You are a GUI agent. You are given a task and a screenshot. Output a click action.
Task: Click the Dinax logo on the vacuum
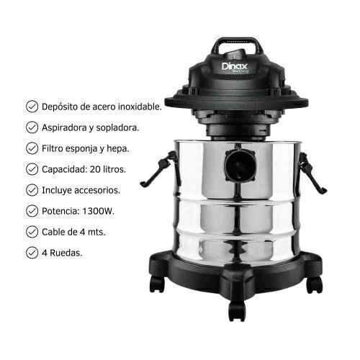pyautogui.click(x=235, y=67)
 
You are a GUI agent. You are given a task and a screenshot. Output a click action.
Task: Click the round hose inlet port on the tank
pyautogui.click(x=240, y=166)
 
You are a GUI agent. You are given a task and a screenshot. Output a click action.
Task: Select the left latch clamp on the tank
pyautogui.click(x=161, y=169)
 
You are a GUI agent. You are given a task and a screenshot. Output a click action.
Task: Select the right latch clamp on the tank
pyautogui.click(x=312, y=172)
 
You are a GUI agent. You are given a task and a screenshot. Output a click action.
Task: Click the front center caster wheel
pyautogui.click(x=237, y=310)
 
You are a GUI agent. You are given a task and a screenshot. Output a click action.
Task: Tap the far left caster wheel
pyautogui.click(x=157, y=284)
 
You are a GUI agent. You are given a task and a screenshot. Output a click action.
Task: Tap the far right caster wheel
pyautogui.click(x=315, y=285)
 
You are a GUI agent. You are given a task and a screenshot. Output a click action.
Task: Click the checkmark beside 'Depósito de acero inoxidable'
pyautogui.click(x=32, y=107)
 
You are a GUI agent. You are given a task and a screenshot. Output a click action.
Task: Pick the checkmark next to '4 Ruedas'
pyautogui.click(x=32, y=253)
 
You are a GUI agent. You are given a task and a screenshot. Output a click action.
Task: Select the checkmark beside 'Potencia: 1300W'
pyautogui.click(x=32, y=211)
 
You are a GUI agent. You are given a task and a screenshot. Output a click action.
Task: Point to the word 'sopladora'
pyautogui.click(x=117, y=127)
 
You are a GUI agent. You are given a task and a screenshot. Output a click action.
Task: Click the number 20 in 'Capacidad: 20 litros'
pyautogui.click(x=95, y=169)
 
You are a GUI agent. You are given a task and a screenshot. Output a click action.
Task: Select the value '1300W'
pyautogui.click(x=98, y=211)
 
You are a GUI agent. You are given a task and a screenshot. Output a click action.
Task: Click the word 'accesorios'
pyautogui.click(x=97, y=191)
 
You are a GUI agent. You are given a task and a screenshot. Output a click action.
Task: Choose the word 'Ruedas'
pyautogui.click(x=66, y=253)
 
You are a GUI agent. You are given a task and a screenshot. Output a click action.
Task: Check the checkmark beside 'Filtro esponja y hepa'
pyautogui.click(x=32, y=148)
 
